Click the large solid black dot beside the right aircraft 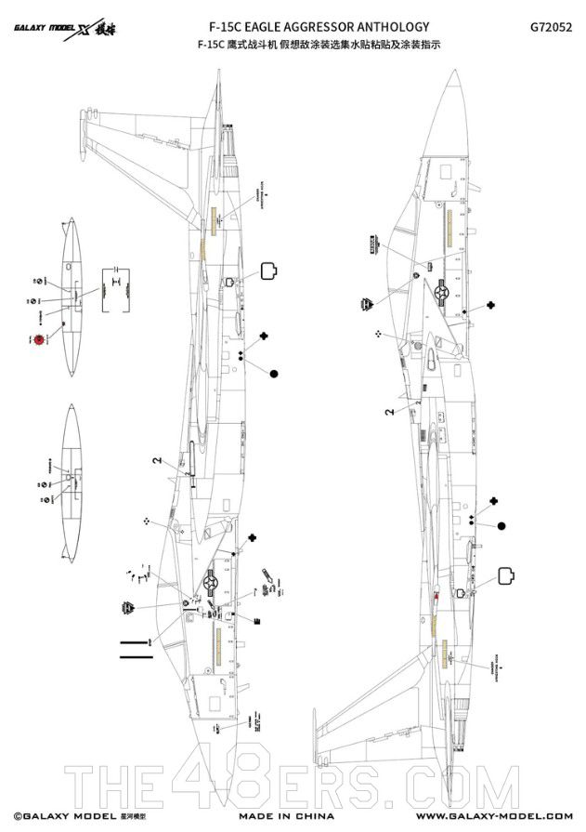click(x=502, y=526)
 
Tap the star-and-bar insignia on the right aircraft click(x=441, y=291)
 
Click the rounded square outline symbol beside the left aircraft click(x=270, y=271)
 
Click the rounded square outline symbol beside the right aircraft click(x=508, y=575)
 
